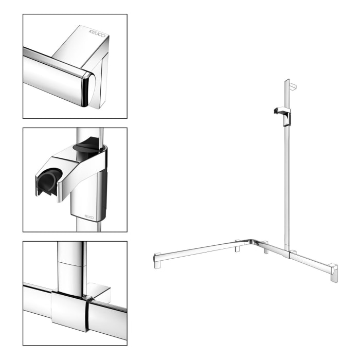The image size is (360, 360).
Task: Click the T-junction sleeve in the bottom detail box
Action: [70, 311]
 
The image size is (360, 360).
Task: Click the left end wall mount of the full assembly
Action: [157, 261]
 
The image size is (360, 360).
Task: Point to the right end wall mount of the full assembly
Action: [333, 272]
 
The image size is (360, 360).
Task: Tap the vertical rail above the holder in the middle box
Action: [87, 135]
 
